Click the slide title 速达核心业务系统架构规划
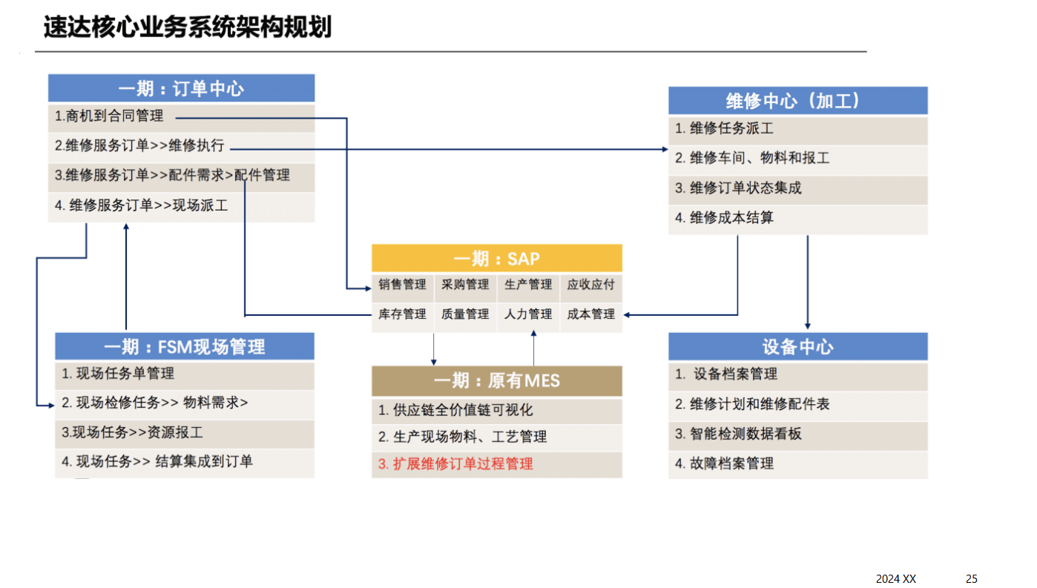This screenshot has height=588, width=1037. pyautogui.click(x=187, y=27)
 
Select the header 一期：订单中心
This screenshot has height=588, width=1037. pyautogui.click(x=181, y=88)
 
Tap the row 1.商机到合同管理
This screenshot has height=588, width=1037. pyautogui.click(x=109, y=116)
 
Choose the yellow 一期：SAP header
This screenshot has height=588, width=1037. pyautogui.click(x=496, y=258)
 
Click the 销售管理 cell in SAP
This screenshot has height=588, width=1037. pyautogui.click(x=403, y=285)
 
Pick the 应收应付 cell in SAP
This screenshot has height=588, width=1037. pyautogui.click(x=591, y=285)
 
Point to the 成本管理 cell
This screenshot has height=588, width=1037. pyautogui.click(x=591, y=314)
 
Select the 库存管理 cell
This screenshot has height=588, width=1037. pyautogui.click(x=403, y=314)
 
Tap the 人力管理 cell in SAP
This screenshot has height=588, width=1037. pyautogui.click(x=528, y=314)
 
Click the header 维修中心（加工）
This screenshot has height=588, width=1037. pyautogui.click(x=797, y=101)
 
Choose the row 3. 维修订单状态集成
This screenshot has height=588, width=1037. pyautogui.click(x=738, y=188)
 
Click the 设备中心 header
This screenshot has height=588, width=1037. pyautogui.click(x=797, y=347)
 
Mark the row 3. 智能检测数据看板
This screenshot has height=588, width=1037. pyautogui.click(x=738, y=435)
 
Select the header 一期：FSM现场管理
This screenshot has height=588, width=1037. pyautogui.click(x=184, y=346)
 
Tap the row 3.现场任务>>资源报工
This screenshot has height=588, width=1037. pyautogui.click(x=132, y=432)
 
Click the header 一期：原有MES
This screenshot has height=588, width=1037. pyautogui.click(x=496, y=381)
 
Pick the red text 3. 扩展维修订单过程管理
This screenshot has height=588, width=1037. pyautogui.click(x=455, y=464)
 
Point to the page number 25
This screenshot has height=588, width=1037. pyautogui.click(x=972, y=578)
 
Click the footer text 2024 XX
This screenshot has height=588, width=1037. pyautogui.click(x=896, y=578)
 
